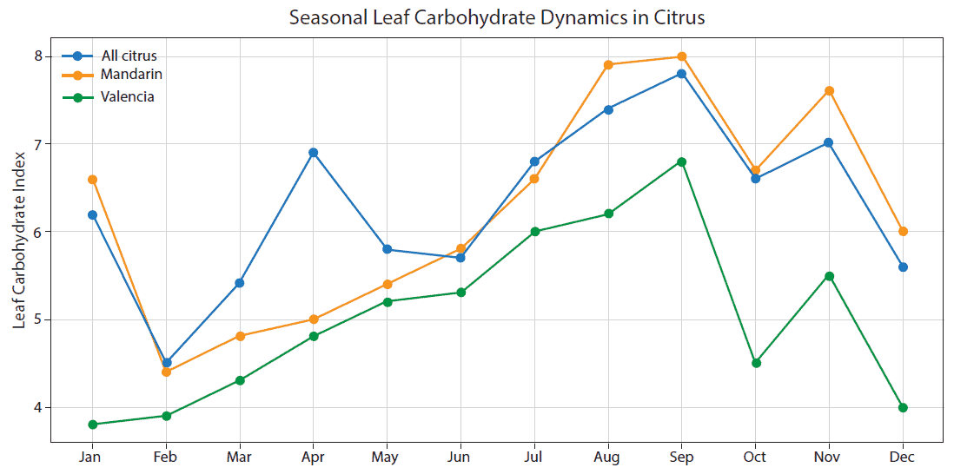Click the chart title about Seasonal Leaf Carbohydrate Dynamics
click(x=496, y=17)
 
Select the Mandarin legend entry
click(x=131, y=75)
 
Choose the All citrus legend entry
click(x=129, y=56)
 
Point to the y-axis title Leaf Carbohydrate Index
click(x=19, y=239)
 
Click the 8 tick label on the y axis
click(x=38, y=56)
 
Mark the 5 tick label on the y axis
click(x=38, y=319)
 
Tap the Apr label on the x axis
click(x=313, y=457)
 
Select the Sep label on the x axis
click(x=681, y=457)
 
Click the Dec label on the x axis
click(x=903, y=457)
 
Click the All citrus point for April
click(x=313, y=153)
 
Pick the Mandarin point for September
click(x=682, y=56)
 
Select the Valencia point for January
click(x=92, y=425)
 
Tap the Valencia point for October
click(x=756, y=363)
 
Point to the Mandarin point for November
click(x=830, y=91)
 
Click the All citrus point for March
click(x=240, y=283)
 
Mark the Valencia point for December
click(x=903, y=407)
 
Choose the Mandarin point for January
click(x=92, y=180)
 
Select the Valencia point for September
click(x=682, y=161)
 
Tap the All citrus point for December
click(x=903, y=267)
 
